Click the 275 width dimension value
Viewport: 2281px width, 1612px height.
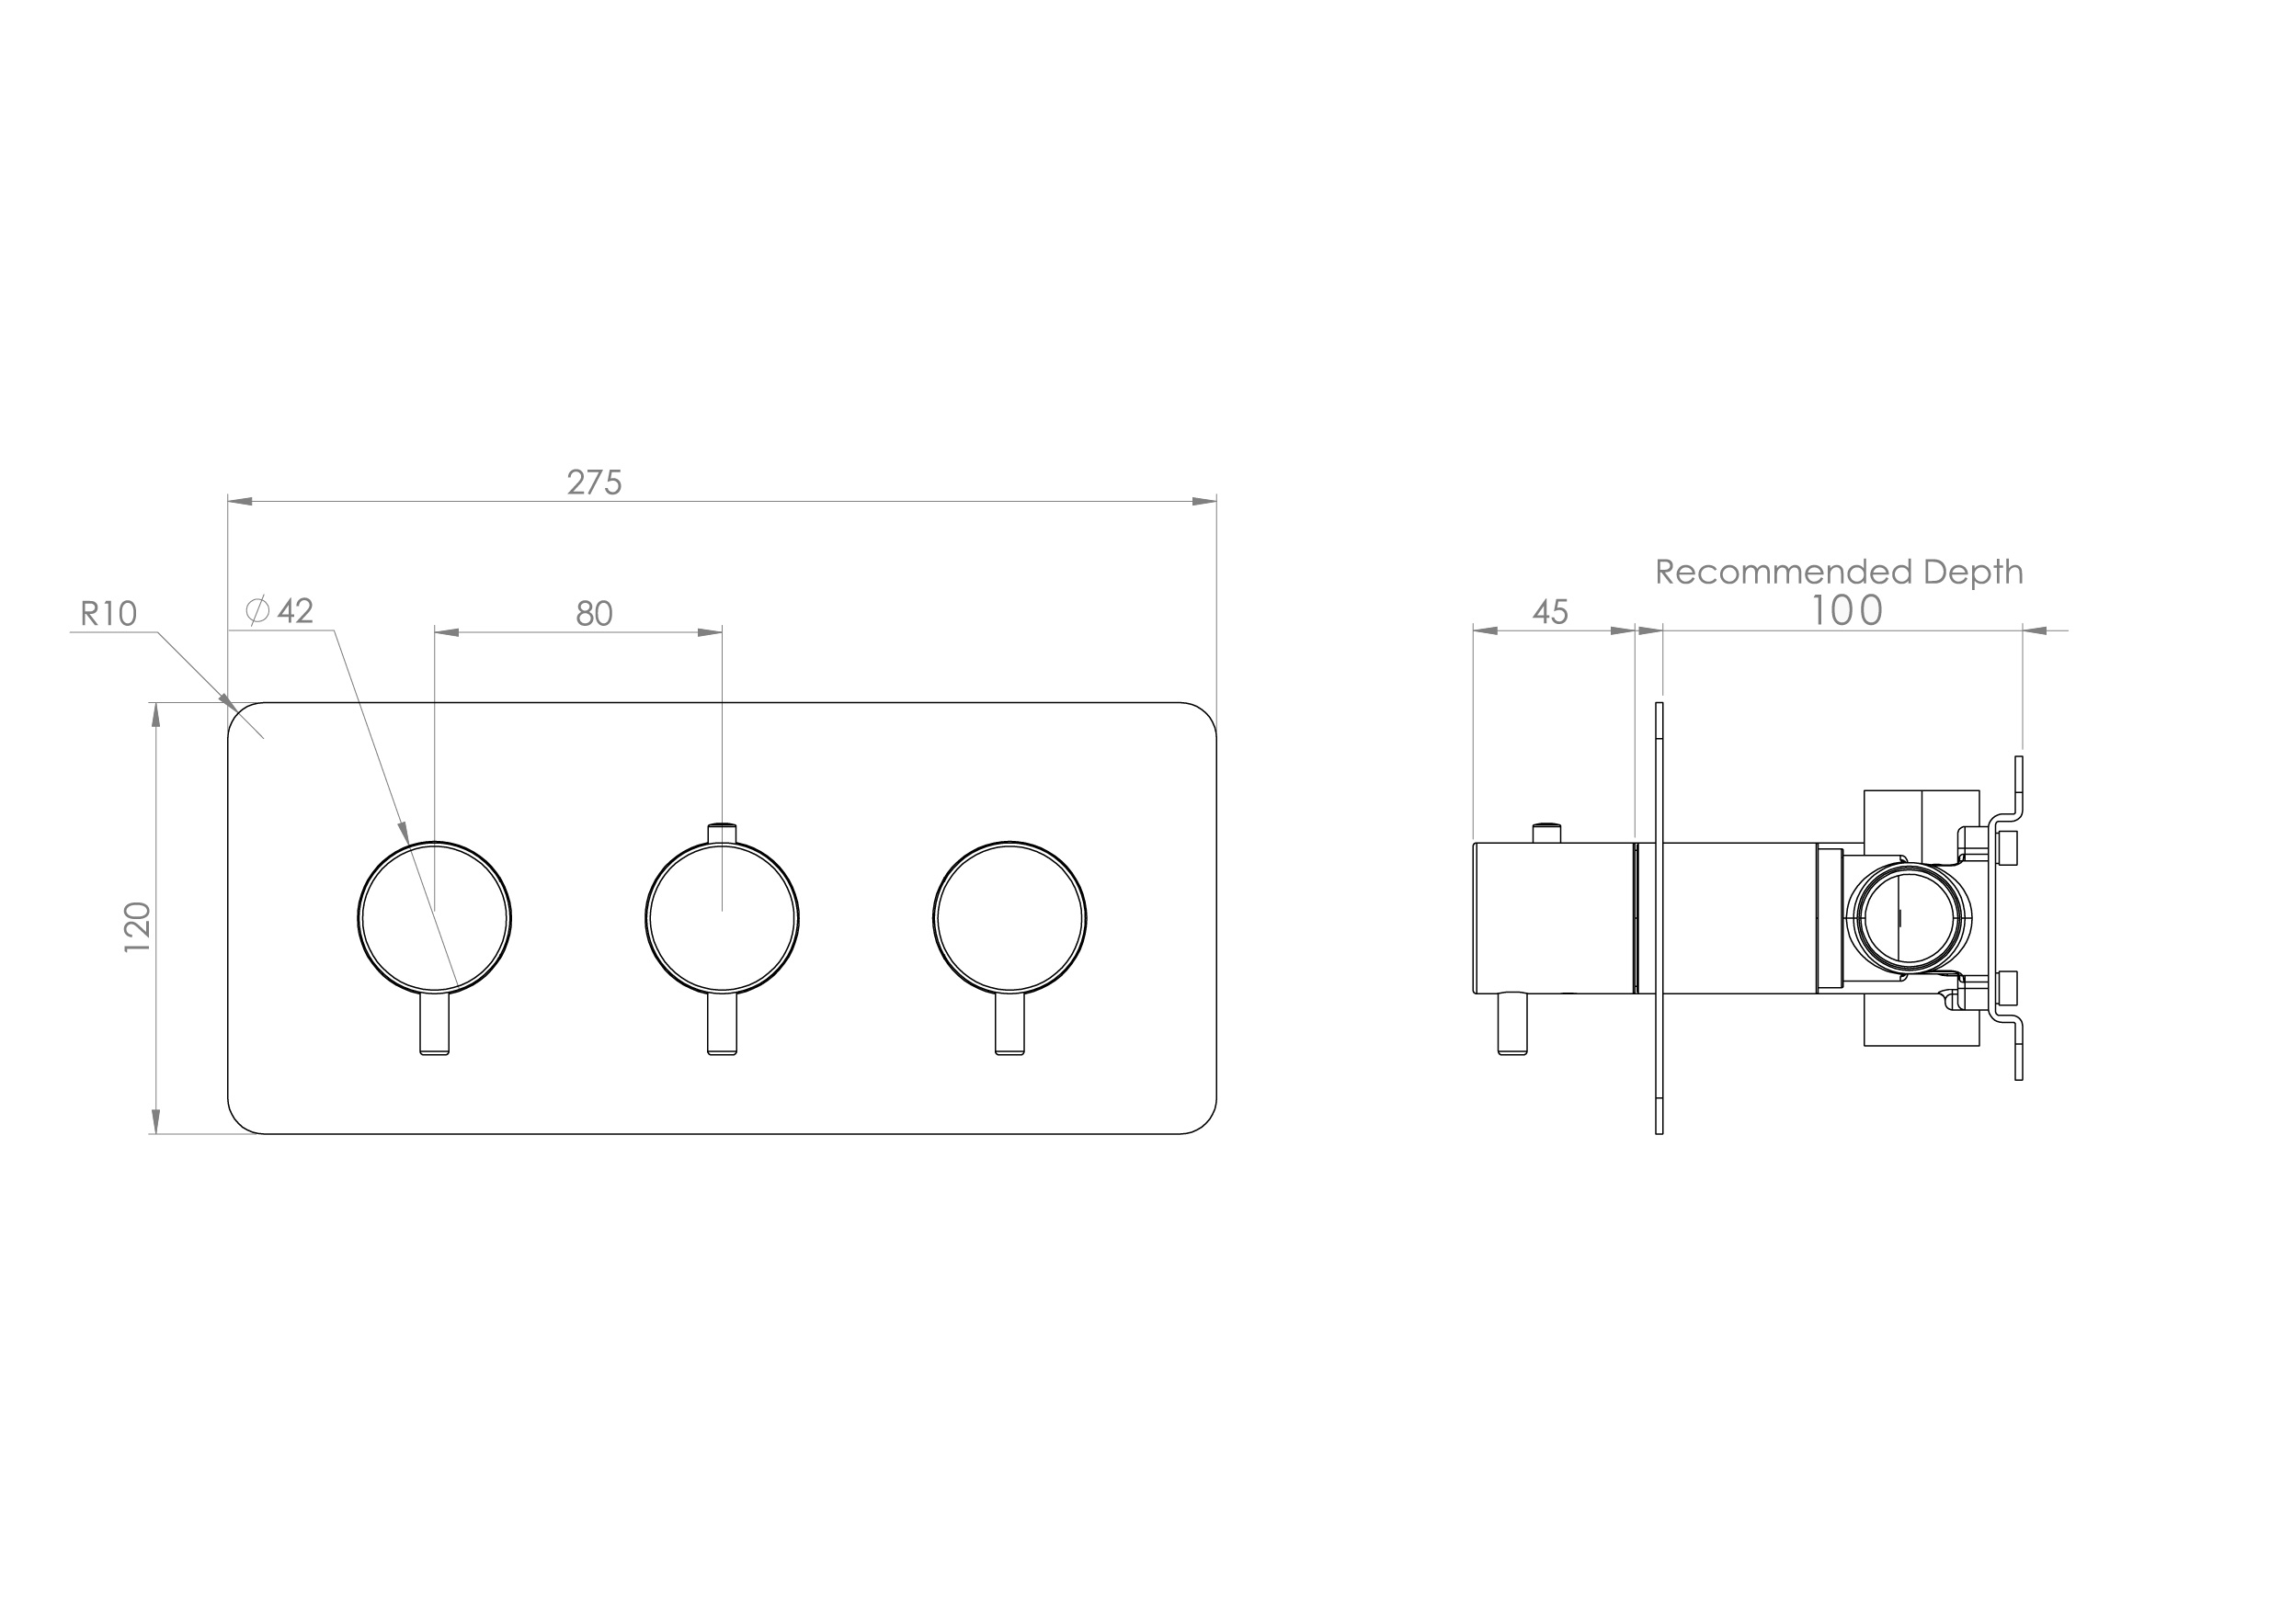[594, 482]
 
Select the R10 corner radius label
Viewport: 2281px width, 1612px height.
[108, 614]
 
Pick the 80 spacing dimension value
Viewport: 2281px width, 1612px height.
[594, 614]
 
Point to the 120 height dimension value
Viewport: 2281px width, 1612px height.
[137, 926]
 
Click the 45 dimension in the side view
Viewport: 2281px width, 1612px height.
[1550, 612]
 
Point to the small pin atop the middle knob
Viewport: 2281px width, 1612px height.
[723, 833]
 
